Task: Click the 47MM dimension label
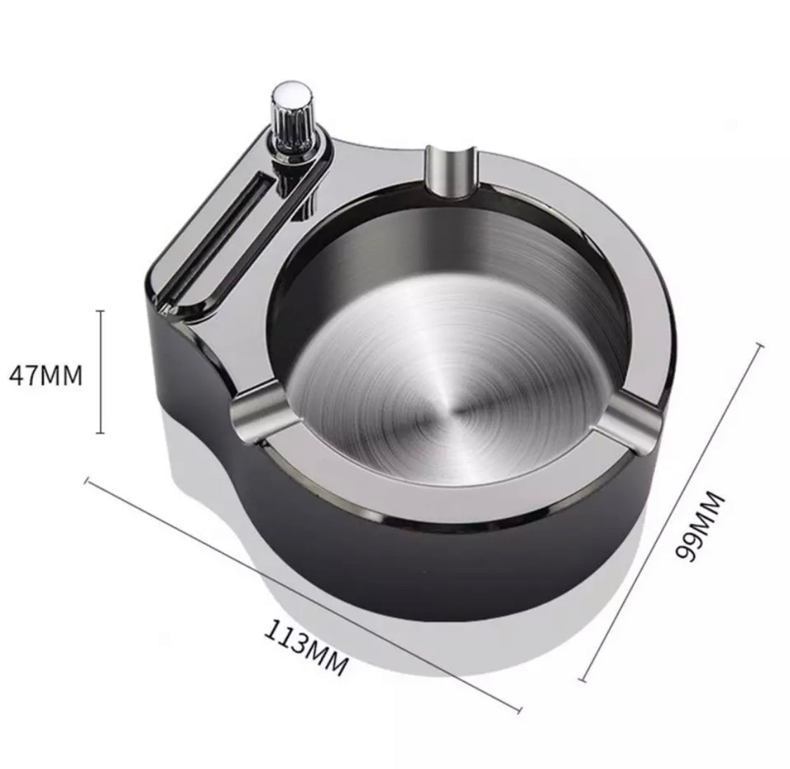point(46,375)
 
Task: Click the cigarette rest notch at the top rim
point(451,172)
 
